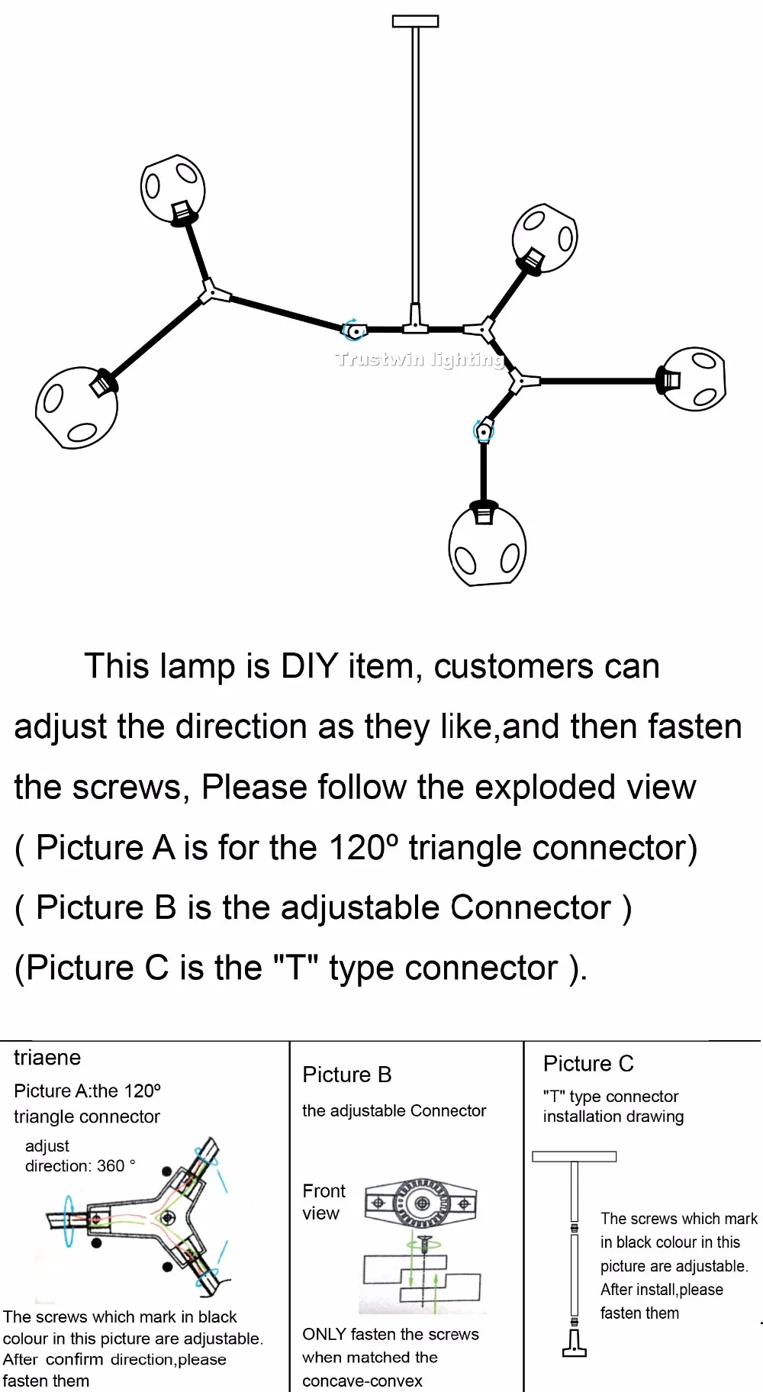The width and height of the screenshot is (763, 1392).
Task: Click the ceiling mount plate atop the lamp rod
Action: (x=415, y=21)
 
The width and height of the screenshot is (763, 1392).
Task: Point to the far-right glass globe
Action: (x=693, y=379)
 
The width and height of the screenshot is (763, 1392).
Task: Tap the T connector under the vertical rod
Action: (x=415, y=321)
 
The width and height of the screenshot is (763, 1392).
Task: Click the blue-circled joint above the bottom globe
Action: (x=483, y=431)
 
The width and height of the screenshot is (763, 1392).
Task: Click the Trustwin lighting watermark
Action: (x=419, y=359)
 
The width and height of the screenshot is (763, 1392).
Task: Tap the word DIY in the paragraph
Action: (x=309, y=666)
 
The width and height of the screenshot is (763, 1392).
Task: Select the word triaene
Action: (x=47, y=1058)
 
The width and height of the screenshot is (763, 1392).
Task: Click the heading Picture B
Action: (x=347, y=1075)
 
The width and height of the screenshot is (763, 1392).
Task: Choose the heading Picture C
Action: (x=588, y=1064)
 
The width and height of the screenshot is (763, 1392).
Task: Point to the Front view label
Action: (x=324, y=1202)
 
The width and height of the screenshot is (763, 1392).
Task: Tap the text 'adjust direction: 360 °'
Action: (x=80, y=1155)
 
